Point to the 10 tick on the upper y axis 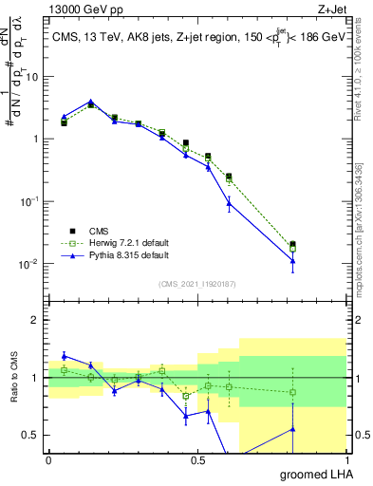tap(33, 77)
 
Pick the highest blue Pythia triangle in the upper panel tap(90, 102)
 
